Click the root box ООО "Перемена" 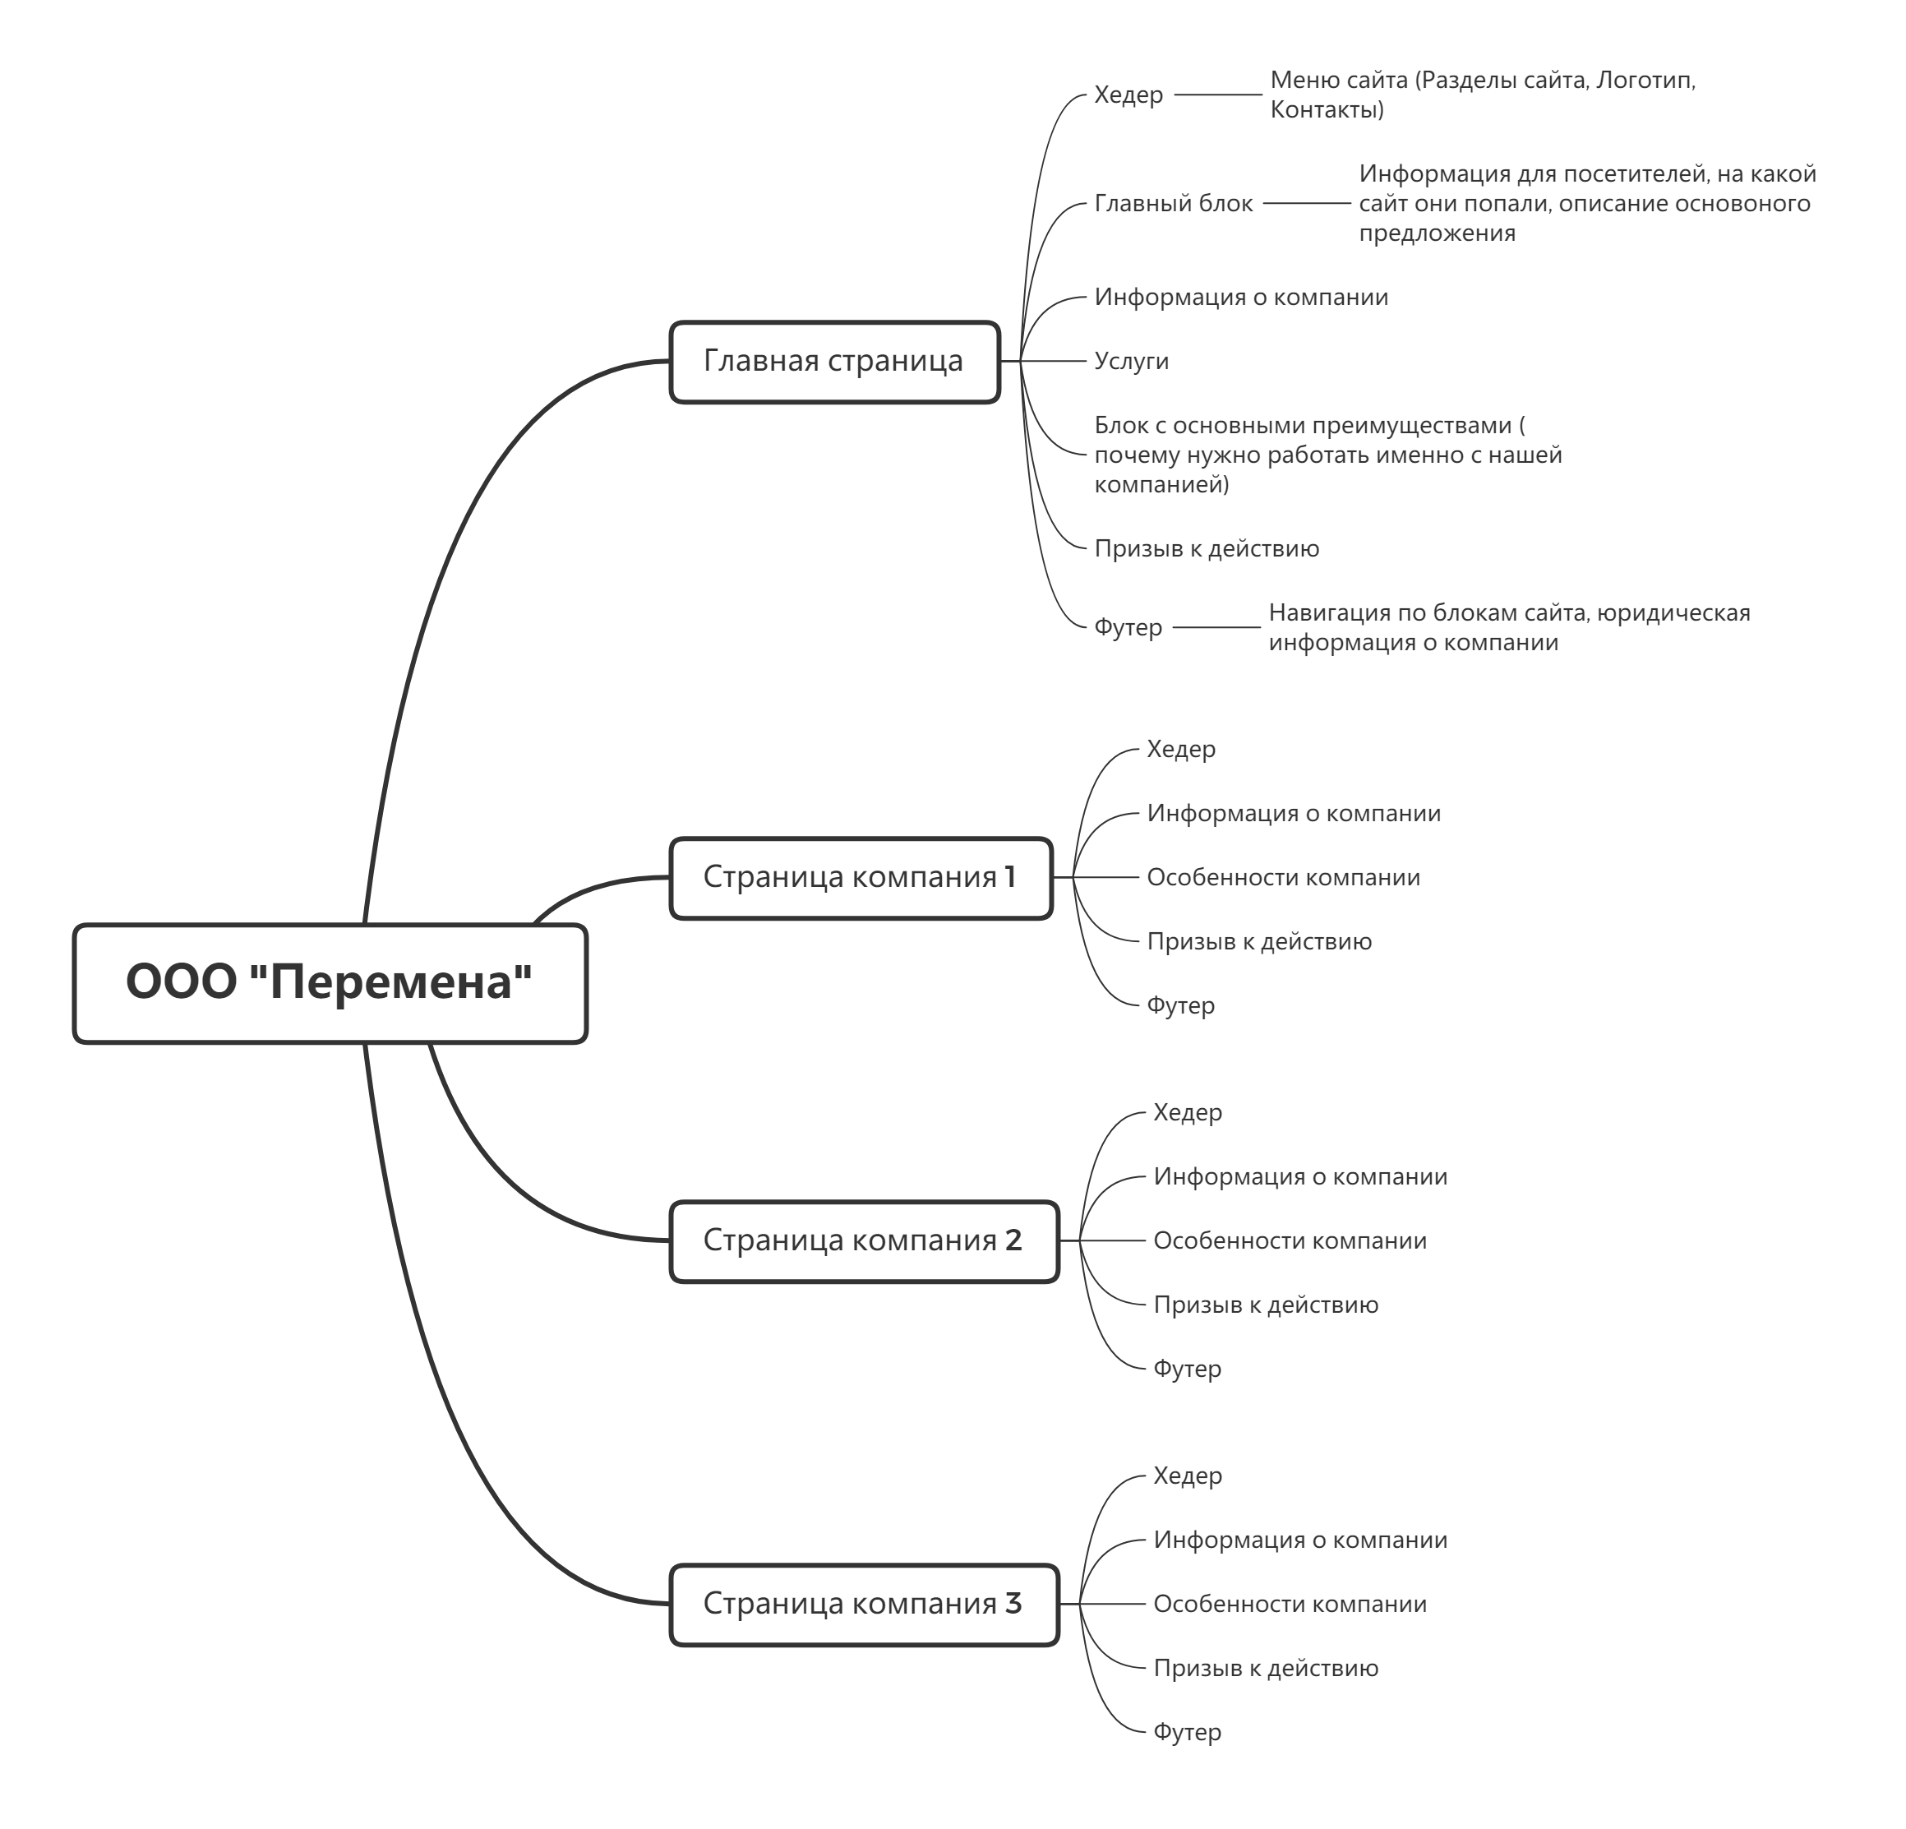[330, 983]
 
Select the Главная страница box [834, 362]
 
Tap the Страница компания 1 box [861, 878]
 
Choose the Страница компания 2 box [864, 1242]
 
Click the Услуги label [1131, 362]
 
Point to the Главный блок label [1174, 204]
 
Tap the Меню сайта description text [1483, 95]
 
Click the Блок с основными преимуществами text [1328, 455]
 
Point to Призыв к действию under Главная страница [1207, 549]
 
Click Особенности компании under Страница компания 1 [1284, 878]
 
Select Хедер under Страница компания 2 [1188, 1112]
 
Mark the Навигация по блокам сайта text [1509, 628]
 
